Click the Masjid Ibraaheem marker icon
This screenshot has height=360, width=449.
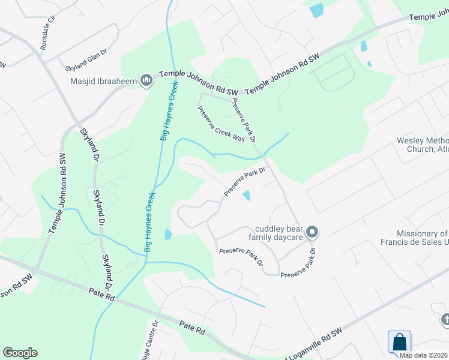point(146,80)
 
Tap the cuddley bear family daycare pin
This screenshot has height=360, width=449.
point(312,232)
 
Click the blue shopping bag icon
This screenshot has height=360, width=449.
point(399,342)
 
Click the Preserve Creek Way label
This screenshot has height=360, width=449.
point(221,124)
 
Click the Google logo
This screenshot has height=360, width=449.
point(20,353)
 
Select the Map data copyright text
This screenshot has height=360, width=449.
point(424,355)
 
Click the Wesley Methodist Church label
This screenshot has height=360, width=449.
point(423,145)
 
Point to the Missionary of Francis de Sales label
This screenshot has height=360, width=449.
point(423,238)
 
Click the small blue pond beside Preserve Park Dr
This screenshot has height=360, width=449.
point(247,195)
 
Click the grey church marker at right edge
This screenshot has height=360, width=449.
point(445,320)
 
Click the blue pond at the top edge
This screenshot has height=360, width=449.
point(316,10)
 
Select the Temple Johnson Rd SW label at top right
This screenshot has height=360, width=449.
point(429,16)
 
